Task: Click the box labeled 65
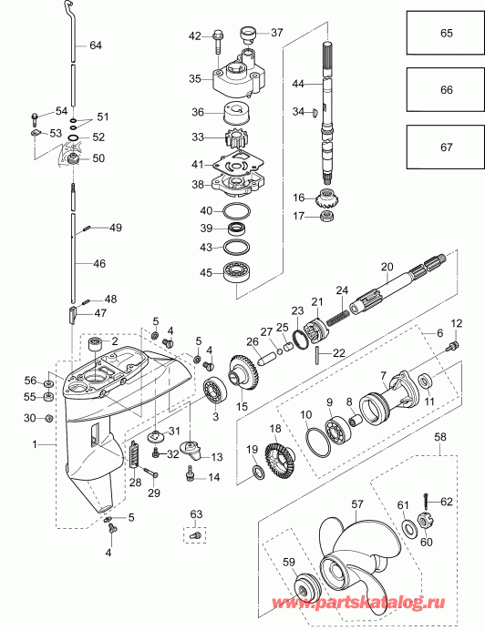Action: [x=446, y=33]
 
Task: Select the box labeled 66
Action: [x=446, y=90]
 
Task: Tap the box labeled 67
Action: [x=446, y=147]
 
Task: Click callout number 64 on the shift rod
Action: [x=96, y=45]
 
